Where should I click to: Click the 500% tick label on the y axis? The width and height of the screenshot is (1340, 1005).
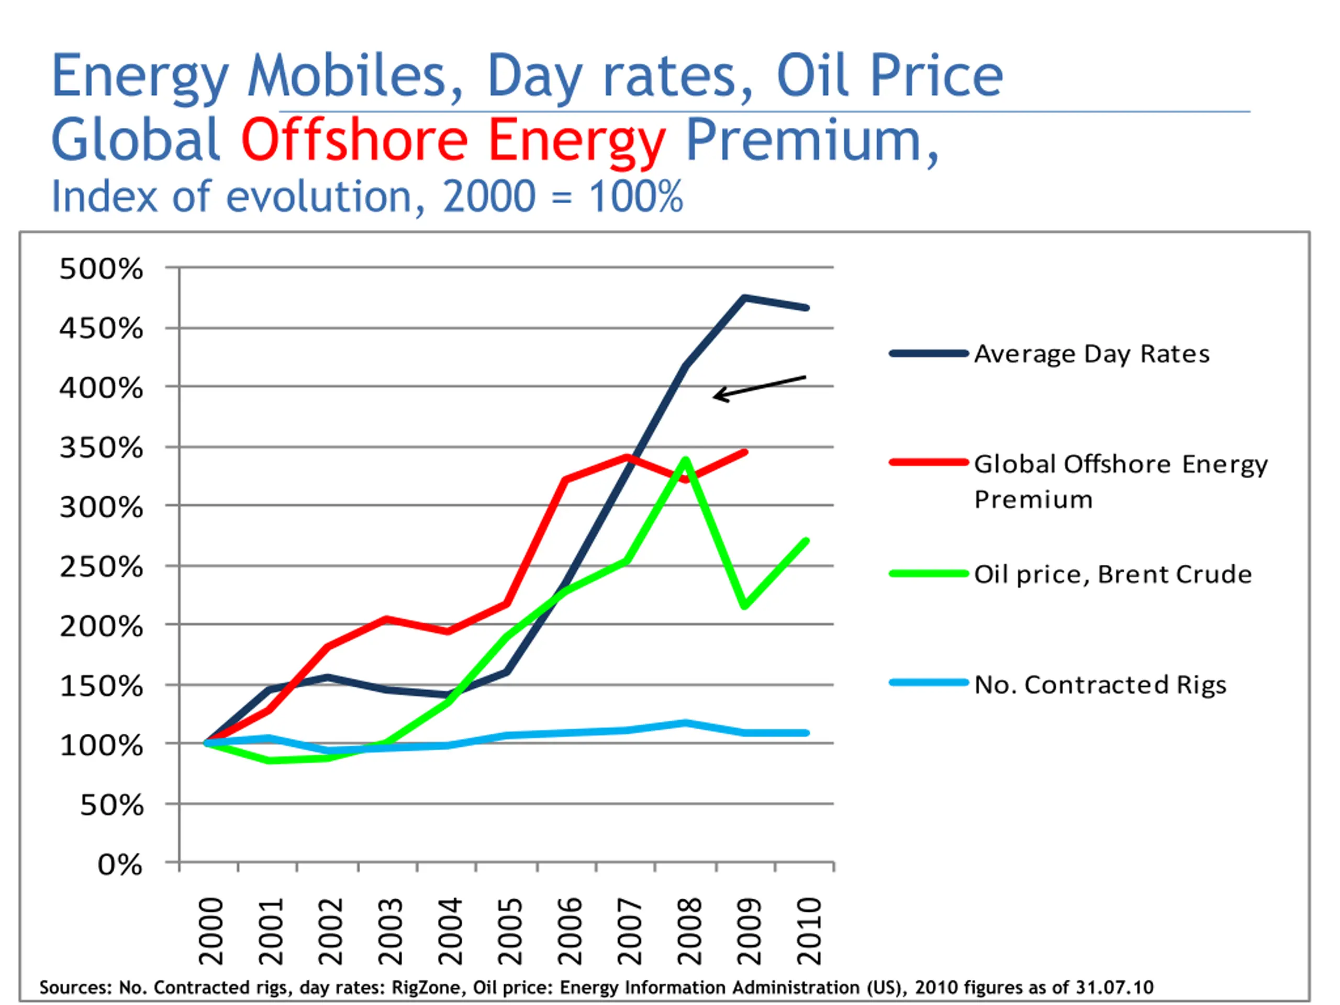pyautogui.click(x=101, y=269)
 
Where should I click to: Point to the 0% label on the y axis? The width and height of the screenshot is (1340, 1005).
pyautogui.click(x=120, y=865)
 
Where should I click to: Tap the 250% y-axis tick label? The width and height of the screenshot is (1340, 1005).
pyautogui.click(x=101, y=567)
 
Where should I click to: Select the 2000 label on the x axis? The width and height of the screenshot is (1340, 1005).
pyautogui.click(x=211, y=931)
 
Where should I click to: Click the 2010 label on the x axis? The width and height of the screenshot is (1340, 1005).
pyautogui.click(x=809, y=931)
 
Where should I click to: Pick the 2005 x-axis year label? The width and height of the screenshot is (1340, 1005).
pyautogui.click(x=510, y=931)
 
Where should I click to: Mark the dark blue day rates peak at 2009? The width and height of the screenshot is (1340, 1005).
pyautogui.click(x=744, y=297)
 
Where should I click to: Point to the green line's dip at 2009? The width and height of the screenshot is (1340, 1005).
pyautogui.click(x=744, y=606)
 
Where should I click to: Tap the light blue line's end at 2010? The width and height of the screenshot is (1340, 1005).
pyautogui.click(x=806, y=733)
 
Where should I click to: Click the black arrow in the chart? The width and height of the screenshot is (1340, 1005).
pyautogui.click(x=759, y=387)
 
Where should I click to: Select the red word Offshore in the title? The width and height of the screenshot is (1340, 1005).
pyautogui.click(x=355, y=140)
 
